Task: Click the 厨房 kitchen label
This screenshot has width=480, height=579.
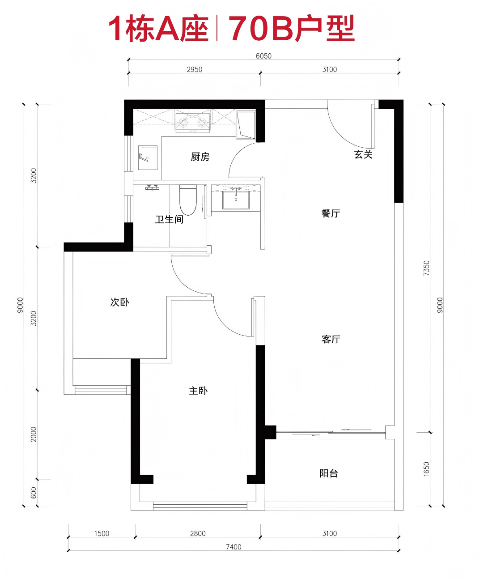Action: (x=200, y=157)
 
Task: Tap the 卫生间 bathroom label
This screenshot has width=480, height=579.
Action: (x=169, y=219)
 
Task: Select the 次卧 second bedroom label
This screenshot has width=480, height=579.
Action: (x=120, y=302)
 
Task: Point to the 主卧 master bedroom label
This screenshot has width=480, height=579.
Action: (x=198, y=391)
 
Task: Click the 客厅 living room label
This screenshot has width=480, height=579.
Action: (x=331, y=339)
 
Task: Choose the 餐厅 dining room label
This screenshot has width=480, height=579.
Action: (x=331, y=213)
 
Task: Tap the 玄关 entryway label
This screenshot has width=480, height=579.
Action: (x=363, y=154)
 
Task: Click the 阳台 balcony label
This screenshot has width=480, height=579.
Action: (x=329, y=473)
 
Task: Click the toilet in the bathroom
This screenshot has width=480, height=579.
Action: (x=188, y=200)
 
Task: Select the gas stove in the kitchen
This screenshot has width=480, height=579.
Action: (x=193, y=122)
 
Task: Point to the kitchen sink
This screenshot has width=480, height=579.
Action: (x=148, y=158)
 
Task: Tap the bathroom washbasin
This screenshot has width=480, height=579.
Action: (x=236, y=200)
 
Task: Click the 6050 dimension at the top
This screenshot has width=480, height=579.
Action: (x=263, y=56)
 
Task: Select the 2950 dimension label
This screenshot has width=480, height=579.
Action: (x=195, y=69)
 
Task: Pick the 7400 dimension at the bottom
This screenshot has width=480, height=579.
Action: (x=234, y=546)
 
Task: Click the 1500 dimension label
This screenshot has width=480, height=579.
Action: (x=102, y=533)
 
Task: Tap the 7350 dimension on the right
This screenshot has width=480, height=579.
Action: (x=426, y=268)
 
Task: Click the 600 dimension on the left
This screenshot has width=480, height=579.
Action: (x=34, y=493)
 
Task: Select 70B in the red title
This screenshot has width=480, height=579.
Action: (x=261, y=29)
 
